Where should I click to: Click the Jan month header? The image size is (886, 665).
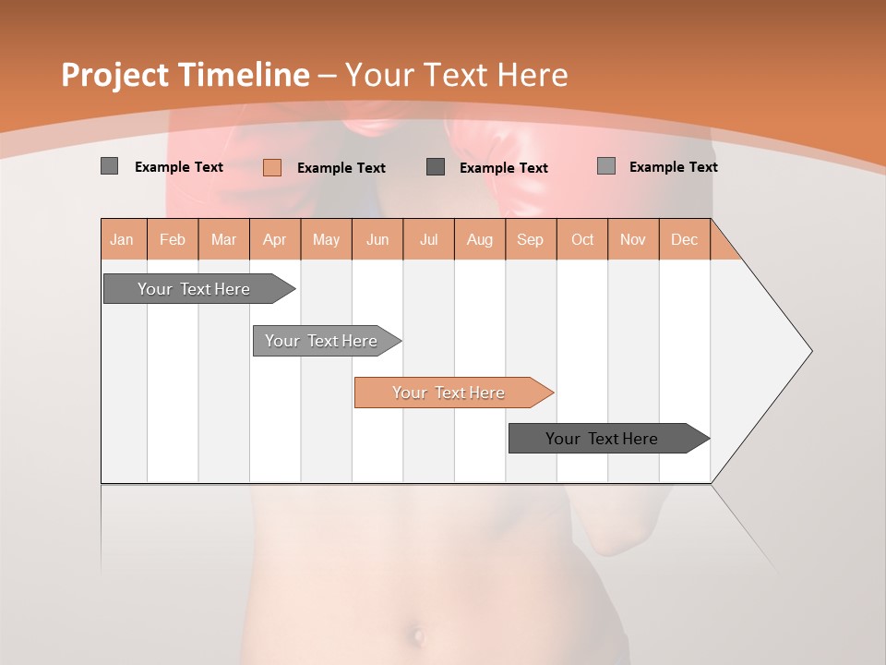click(123, 239)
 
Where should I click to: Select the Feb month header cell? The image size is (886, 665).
click(173, 239)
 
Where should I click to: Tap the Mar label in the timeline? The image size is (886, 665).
click(223, 239)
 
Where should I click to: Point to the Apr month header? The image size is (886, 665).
click(275, 239)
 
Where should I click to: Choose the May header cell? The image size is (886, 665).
click(326, 239)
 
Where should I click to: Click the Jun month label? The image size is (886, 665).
click(377, 239)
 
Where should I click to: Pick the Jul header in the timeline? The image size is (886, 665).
click(428, 239)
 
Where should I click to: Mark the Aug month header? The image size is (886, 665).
click(480, 239)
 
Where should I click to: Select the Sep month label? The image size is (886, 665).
click(531, 239)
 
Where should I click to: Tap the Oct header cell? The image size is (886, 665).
click(582, 239)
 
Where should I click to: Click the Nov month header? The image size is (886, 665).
click(633, 239)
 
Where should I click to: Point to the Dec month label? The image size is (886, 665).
click(685, 239)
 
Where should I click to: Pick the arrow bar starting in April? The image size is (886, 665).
click(323, 341)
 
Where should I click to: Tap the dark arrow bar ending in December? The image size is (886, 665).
click(605, 439)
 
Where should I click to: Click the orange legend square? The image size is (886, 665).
click(271, 167)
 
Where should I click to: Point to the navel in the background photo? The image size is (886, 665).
click(417, 635)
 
